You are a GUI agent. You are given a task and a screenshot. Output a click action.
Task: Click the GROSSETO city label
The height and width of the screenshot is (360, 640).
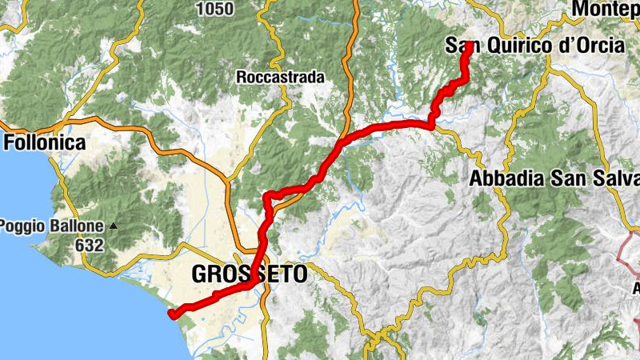point(249,274)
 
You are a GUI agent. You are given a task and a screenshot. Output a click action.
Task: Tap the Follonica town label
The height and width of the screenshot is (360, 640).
point(45,142)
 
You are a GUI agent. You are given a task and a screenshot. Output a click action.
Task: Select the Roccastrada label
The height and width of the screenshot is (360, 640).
point(280,78)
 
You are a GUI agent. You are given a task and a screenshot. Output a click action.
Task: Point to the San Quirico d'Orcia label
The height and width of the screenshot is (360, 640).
point(534,46)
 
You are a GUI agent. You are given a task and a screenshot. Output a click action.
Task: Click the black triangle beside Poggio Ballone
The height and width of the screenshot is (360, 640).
point(113,226)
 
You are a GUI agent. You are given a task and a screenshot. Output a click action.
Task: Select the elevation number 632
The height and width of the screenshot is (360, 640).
point(90,245)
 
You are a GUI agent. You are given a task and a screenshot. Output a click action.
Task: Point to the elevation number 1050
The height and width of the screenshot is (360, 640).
point(214,9)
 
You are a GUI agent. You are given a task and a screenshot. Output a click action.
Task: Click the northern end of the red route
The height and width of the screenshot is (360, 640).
point(467,46)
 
